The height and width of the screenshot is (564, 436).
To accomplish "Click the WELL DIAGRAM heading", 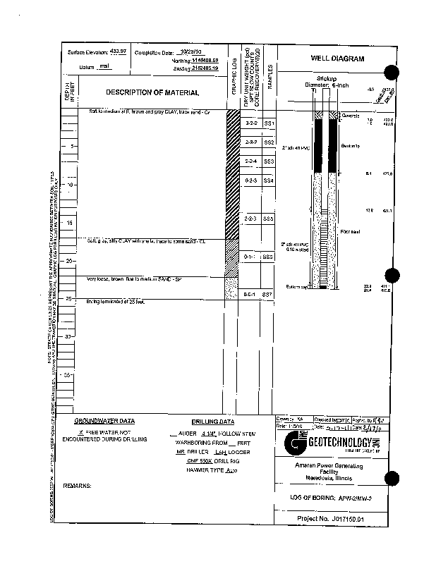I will pyautogui.click(x=337, y=59).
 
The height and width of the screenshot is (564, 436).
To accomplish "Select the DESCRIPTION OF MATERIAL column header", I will pyautogui.click(x=152, y=92).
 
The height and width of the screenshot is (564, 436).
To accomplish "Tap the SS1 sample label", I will pyautogui.click(x=268, y=123).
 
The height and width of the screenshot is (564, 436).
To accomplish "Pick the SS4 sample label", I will pyautogui.click(x=268, y=181).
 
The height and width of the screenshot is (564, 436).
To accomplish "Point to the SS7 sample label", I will pyautogui.click(x=267, y=293).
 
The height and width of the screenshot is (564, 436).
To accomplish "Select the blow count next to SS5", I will pyautogui.click(x=249, y=219).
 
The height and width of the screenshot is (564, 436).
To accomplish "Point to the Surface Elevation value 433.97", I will pyautogui.click(x=116, y=53).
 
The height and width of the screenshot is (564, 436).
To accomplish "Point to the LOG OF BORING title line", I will pyautogui.click(x=336, y=497).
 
